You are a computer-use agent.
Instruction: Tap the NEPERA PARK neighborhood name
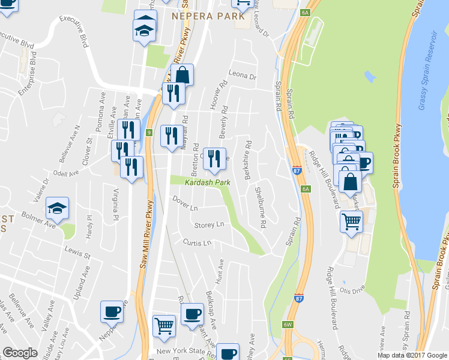click(x=208, y=16)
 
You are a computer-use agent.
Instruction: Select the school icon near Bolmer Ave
click(x=58, y=208)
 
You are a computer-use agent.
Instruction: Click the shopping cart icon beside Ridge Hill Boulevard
click(x=352, y=221)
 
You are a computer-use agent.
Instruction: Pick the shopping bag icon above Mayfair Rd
click(x=182, y=75)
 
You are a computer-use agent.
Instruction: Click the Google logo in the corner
click(x=20, y=353)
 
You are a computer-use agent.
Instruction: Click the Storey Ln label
click(x=209, y=224)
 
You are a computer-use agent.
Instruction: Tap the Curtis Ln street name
click(x=197, y=243)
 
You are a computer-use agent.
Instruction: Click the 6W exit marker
click(x=288, y=325)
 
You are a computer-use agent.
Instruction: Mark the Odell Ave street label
click(x=66, y=173)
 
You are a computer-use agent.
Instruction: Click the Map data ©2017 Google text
click(x=412, y=355)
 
